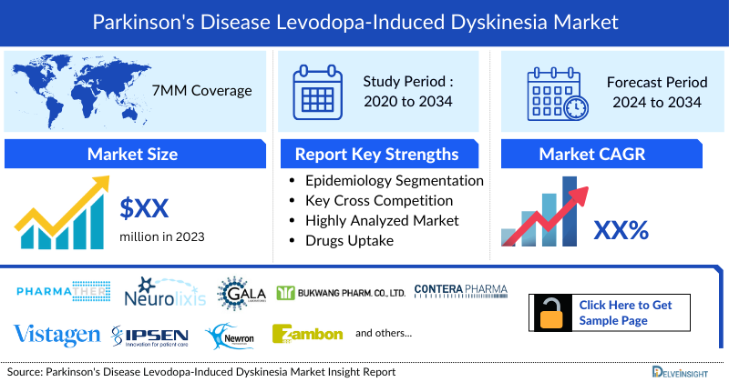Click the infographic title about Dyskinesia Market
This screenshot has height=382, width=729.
click(364, 19)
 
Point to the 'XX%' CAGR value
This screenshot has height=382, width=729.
click(621, 231)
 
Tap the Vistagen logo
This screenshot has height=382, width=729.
click(56, 335)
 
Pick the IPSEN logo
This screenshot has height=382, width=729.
click(151, 335)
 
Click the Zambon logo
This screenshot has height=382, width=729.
click(307, 334)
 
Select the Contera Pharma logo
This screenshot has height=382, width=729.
click(460, 291)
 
